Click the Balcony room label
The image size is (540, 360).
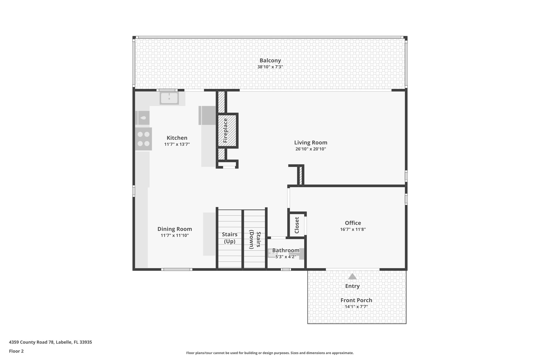pyautogui.click(x=270, y=60)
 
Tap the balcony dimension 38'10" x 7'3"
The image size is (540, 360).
pyautogui.click(x=270, y=67)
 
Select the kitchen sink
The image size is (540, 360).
pyautogui.click(x=169, y=98)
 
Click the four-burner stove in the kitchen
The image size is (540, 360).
pyautogui.click(x=143, y=139)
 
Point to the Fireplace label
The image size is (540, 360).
pyautogui.click(x=225, y=130)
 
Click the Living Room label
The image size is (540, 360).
pyautogui.click(x=311, y=143)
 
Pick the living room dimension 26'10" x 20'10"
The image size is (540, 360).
pyautogui.click(x=311, y=149)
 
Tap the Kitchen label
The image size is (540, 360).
pyautogui.click(x=177, y=138)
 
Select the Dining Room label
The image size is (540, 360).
pyautogui.click(x=175, y=229)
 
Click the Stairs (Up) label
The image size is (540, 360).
pyautogui.click(x=229, y=238)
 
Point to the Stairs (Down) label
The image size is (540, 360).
pyautogui.click(x=255, y=239)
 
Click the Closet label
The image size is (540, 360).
pyautogui.click(x=297, y=225)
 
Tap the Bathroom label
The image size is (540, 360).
pyautogui.click(x=286, y=250)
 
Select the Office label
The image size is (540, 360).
pyautogui.click(x=353, y=223)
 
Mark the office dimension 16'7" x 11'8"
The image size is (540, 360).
pyautogui.click(x=353, y=229)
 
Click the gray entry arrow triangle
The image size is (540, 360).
pyautogui.click(x=352, y=277)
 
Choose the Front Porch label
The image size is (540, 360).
pyautogui.click(x=356, y=300)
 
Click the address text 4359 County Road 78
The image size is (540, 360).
pyautogui.click(x=50, y=342)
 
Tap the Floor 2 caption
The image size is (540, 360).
pyautogui.click(x=16, y=351)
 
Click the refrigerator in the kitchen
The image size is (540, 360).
pyautogui.click(x=207, y=115)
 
